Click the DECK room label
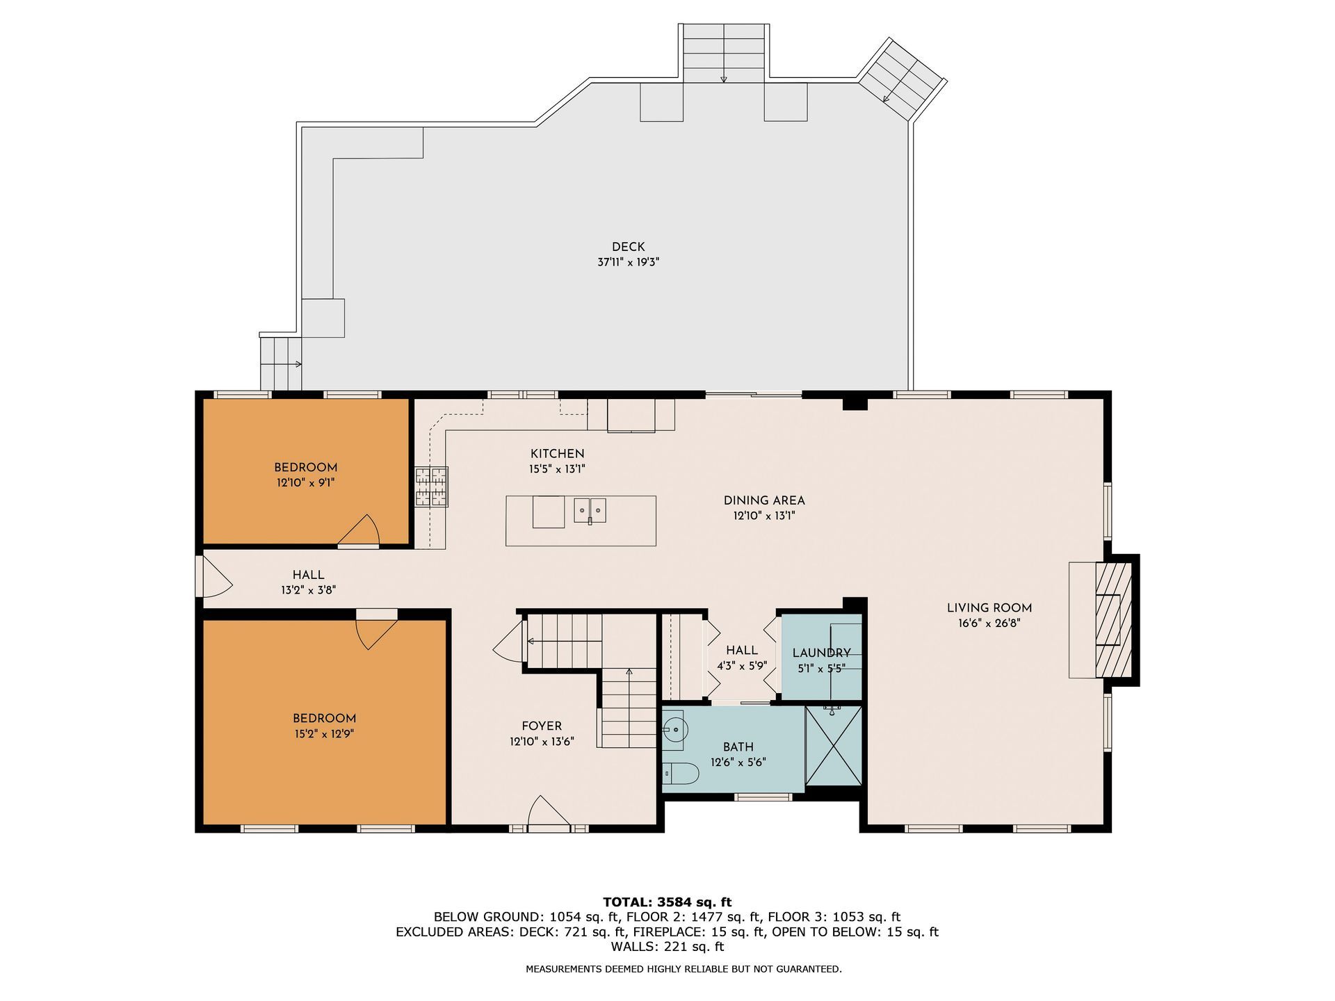(628, 247)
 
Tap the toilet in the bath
(680, 773)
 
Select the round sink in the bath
(674, 730)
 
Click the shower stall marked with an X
(834, 745)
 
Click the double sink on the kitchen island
(590, 510)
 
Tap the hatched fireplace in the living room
(1112, 619)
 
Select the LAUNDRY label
(821, 653)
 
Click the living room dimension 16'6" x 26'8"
(989, 624)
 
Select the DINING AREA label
(764, 500)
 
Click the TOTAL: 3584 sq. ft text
(667, 902)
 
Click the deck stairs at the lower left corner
(282, 364)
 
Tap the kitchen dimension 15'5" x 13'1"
(557, 469)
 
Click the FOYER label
(542, 726)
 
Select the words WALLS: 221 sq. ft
(667, 947)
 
